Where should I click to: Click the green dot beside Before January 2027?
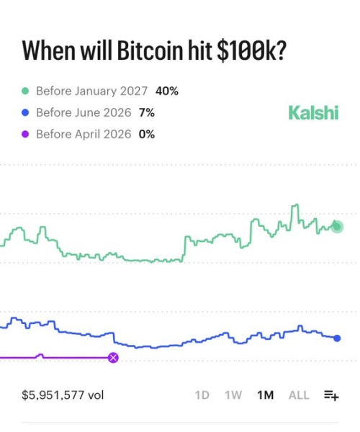pos(25,91)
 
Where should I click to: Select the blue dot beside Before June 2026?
pos(25,113)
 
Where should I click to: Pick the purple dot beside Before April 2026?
pos(25,134)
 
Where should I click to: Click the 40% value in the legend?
pos(167,91)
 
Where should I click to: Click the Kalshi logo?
pos(313,112)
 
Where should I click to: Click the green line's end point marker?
pos(337,227)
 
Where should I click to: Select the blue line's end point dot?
pos(337,338)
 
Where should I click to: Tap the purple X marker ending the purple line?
pos(113,357)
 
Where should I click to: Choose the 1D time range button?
pos(202,395)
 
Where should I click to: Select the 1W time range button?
pos(233,395)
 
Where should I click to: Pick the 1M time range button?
pos(265,395)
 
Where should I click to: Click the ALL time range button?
pos(299,395)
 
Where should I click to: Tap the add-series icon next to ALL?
pos(331,395)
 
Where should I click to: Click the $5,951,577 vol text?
pos(63,395)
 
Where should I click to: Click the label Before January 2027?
pos(91,91)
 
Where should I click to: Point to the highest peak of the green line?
pos(294,206)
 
